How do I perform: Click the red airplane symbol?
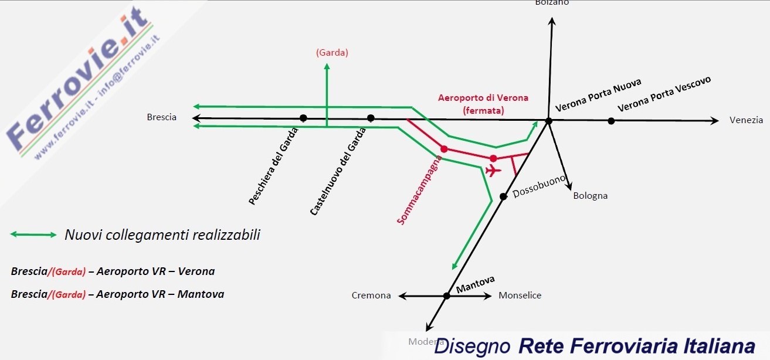coord(493,171)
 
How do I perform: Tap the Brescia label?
coord(161,117)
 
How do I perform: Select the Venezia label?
coord(746,120)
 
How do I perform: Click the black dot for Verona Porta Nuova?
coord(548,121)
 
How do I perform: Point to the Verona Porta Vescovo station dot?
coord(611,121)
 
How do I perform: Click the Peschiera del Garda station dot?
coord(303,118)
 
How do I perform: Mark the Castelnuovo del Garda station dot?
coord(371,118)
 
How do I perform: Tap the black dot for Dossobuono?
coord(503,196)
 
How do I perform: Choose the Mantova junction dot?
coord(446,296)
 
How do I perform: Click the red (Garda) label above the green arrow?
coord(332,52)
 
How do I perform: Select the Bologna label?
coord(590,196)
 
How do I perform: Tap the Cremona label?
coord(371,296)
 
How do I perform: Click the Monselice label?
coord(520,296)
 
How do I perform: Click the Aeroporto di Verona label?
coord(483,98)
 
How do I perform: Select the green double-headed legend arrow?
coord(33,235)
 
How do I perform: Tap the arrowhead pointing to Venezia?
coord(714,121)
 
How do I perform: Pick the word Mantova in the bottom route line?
coord(203,294)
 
